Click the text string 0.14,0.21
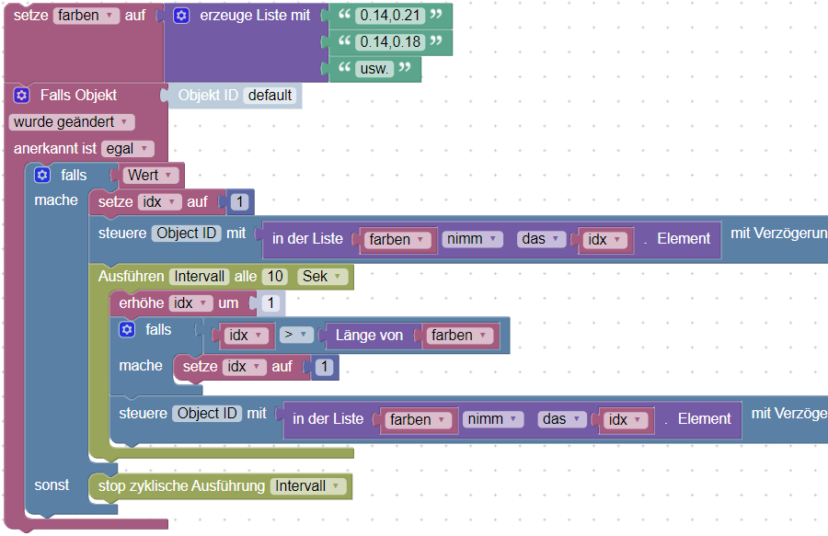(x=390, y=16)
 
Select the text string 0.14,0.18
(x=390, y=41)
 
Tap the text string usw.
(x=374, y=69)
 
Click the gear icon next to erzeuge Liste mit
(x=181, y=16)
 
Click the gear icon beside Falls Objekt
(x=21, y=96)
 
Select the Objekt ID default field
(x=270, y=96)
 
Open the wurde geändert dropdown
(x=71, y=122)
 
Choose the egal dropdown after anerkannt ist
(x=127, y=149)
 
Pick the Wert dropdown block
(x=150, y=176)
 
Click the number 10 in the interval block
(x=275, y=277)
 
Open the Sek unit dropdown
(x=322, y=277)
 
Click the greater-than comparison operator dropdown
(x=295, y=335)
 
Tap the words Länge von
(x=369, y=335)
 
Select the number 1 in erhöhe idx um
(x=270, y=302)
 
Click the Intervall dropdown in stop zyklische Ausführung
(x=308, y=485)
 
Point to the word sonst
(x=52, y=485)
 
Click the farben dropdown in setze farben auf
(x=86, y=16)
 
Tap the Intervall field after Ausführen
(x=200, y=277)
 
